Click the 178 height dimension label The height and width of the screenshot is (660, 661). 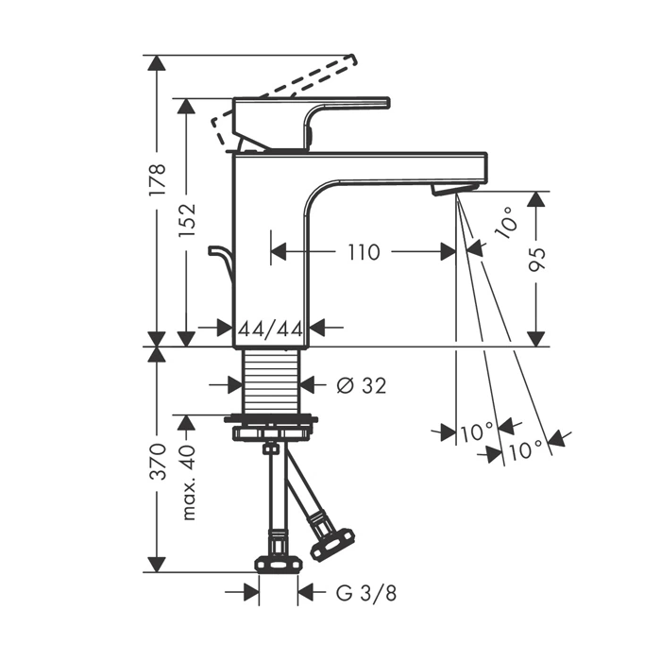pos(158,179)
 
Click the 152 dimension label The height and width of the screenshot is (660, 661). pos(187,220)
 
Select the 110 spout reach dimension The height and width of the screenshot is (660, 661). pos(364,252)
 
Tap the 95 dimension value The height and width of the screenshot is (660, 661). pos(537,260)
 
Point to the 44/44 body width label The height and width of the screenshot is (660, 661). pos(271,329)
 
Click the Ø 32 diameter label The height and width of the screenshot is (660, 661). pos(362,385)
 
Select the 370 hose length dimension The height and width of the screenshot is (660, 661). pos(158,461)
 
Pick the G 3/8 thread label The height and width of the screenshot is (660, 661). pos(366,593)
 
